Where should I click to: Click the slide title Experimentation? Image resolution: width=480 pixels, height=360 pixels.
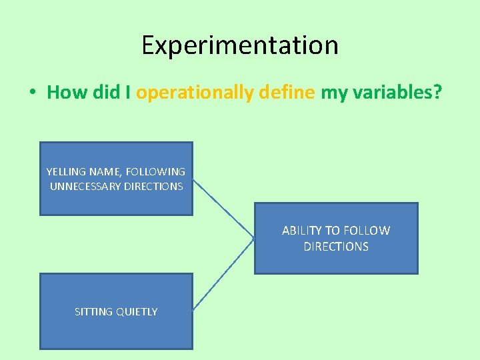(x=240, y=45)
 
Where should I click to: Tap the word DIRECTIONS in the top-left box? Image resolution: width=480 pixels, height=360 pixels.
(x=153, y=187)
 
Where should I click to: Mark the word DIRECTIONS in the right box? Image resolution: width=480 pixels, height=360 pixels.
(x=336, y=247)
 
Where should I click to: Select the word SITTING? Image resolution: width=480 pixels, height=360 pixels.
(x=93, y=312)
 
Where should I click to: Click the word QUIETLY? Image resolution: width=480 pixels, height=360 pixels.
(x=137, y=312)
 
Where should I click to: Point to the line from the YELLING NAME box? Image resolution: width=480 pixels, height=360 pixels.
(x=224, y=207)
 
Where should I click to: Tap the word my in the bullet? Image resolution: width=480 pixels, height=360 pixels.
(x=331, y=93)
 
